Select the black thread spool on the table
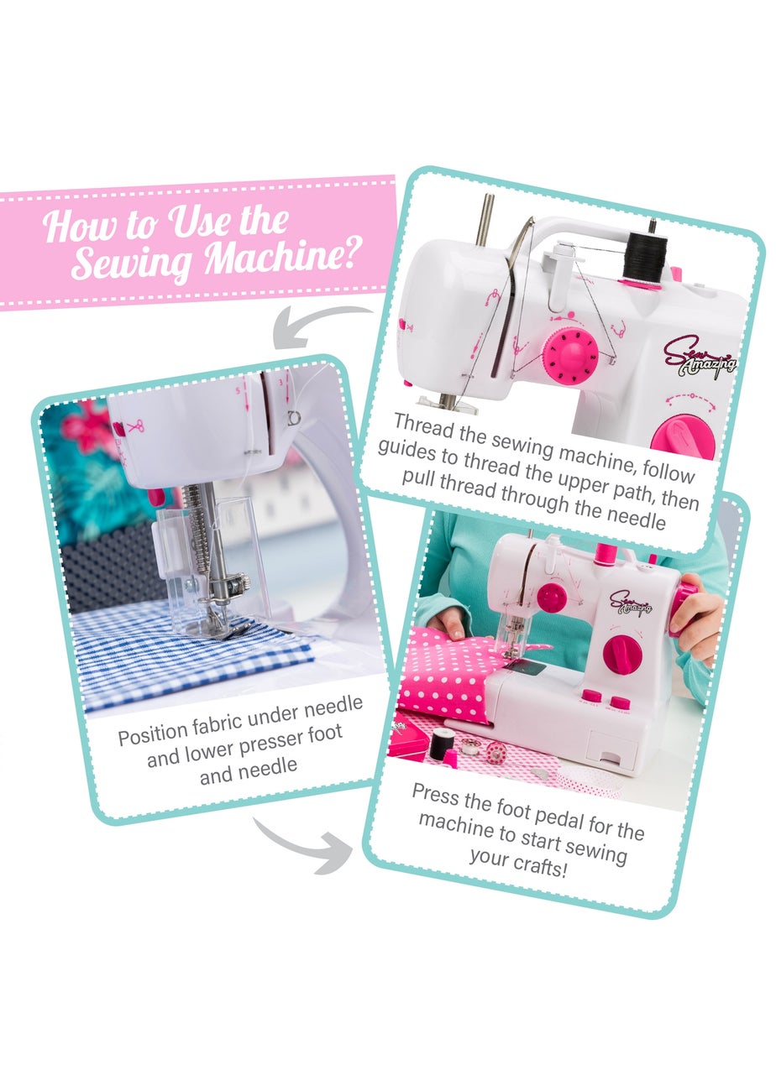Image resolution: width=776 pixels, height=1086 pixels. (441, 742)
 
